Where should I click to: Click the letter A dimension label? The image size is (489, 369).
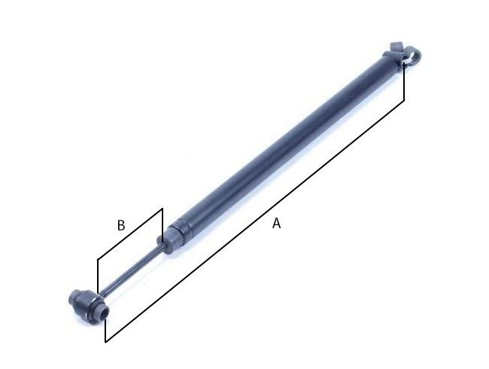point(276,224)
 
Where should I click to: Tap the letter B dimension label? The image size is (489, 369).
point(121,225)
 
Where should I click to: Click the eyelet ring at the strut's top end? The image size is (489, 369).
point(412,56)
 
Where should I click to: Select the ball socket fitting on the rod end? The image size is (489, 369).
point(88,305)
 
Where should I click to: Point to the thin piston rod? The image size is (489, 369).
point(131,269)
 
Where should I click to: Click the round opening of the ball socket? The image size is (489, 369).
point(104,313)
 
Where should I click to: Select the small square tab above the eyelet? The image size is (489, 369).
point(396,47)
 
